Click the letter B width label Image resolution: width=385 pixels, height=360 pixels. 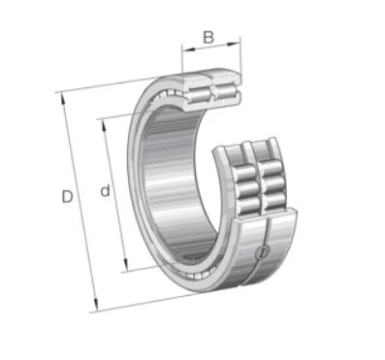click(x=209, y=37)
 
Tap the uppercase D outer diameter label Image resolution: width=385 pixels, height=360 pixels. click(x=67, y=197)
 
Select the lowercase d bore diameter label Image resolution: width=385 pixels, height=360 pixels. click(x=105, y=191)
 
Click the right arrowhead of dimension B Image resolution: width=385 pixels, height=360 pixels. click(x=235, y=44)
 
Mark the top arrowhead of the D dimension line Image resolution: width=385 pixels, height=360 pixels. click(x=63, y=99)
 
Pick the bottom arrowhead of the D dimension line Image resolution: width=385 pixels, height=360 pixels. click(x=95, y=306)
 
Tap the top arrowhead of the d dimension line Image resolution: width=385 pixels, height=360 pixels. click(x=104, y=125)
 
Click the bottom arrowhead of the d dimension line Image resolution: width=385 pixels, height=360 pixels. click(x=126, y=265)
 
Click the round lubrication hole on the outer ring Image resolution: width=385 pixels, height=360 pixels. click(x=262, y=252)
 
